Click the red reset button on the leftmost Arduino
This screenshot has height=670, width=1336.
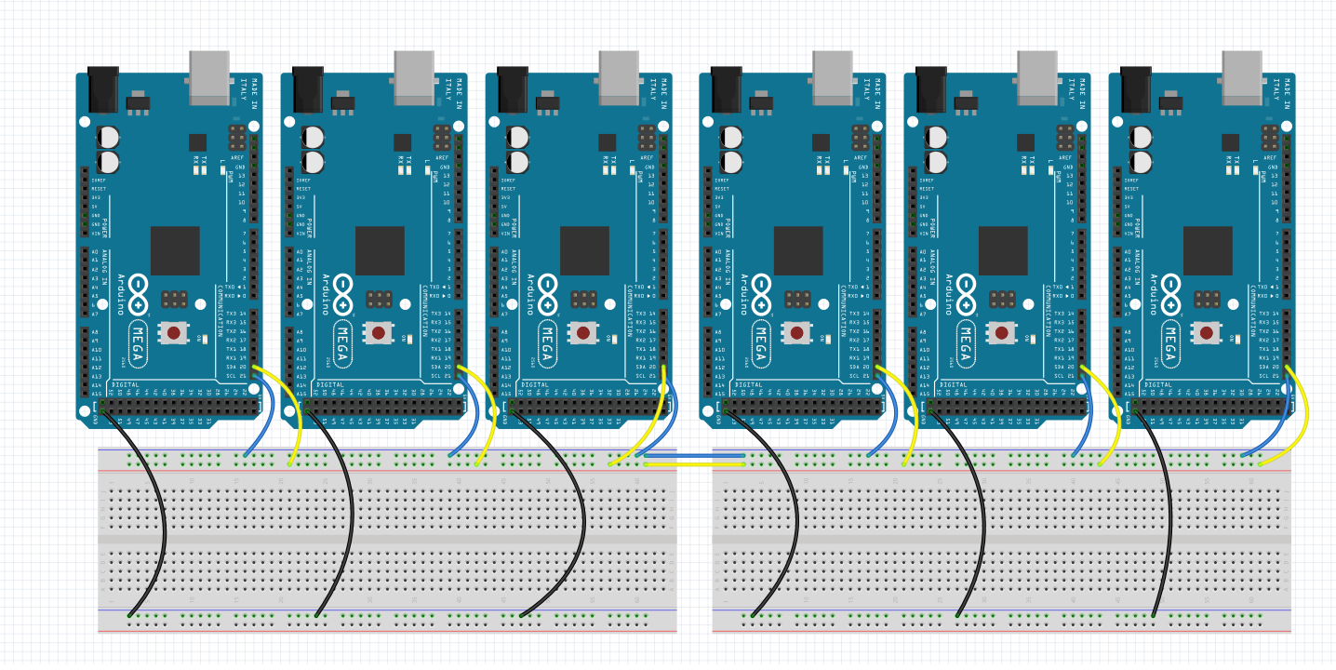click(x=173, y=332)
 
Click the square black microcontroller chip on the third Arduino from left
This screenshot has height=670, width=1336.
click(x=584, y=250)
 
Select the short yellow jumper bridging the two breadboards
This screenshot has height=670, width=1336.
click(x=693, y=463)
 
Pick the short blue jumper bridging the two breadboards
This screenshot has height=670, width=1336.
click(x=693, y=456)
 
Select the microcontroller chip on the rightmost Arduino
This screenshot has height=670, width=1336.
click(x=1208, y=250)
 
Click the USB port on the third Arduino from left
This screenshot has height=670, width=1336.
click(x=620, y=76)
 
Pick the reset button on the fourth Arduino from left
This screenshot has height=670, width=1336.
click(x=796, y=332)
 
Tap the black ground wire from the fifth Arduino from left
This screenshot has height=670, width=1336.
click(x=977, y=521)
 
